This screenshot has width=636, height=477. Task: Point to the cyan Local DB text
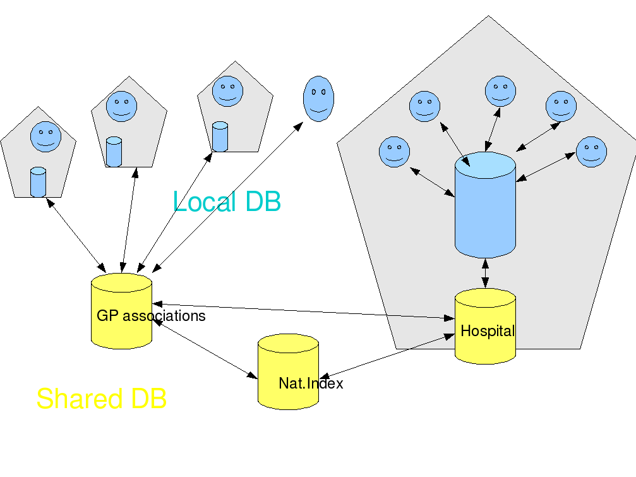click(227, 202)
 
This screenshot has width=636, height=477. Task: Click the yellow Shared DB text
click(102, 399)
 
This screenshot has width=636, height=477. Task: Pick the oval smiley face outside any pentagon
click(319, 98)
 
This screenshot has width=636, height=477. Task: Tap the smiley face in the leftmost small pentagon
click(45, 136)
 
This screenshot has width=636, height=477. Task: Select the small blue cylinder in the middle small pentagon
click(114, 152)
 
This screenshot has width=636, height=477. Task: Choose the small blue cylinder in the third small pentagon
click(219, 136)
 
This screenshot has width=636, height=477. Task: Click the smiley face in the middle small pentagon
click(121, 106)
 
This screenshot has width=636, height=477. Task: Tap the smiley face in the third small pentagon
click(227, 91)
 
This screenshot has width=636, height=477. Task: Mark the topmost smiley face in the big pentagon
click(500, 91)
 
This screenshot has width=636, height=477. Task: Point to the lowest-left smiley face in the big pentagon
click(394, 152)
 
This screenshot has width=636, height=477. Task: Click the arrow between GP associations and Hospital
click(303, 311)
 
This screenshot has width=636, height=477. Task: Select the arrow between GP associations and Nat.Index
click(206, 349)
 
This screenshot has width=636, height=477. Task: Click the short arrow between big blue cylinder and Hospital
click(485, 273)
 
